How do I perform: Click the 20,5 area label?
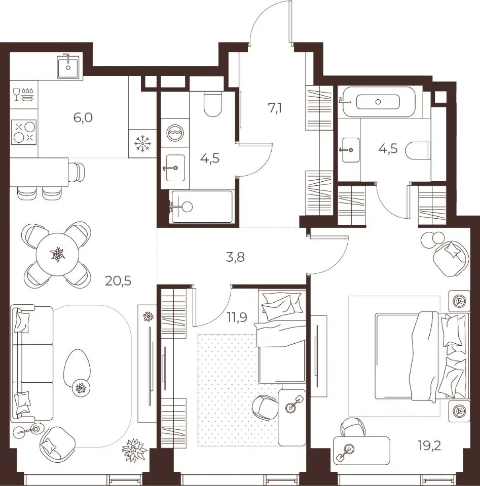[x=118, y=281]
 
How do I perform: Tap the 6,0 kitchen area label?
[x=83, y=118]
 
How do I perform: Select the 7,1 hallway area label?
[x=275, y=108]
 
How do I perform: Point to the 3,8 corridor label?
[x=236, y=257]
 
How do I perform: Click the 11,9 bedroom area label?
[x=237, y=317]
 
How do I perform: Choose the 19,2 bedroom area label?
[x=429, y=447]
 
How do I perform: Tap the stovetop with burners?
[x=24, y=132]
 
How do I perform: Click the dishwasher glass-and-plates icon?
[x=24, y=94]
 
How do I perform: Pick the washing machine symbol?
[x=175, y=133]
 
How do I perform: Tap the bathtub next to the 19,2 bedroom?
[x=378, y=102]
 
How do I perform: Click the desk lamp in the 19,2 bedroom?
[x=345, y=451]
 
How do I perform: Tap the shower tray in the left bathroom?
[x=202, y=207]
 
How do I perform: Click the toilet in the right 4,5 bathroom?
[x=418, y=151]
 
